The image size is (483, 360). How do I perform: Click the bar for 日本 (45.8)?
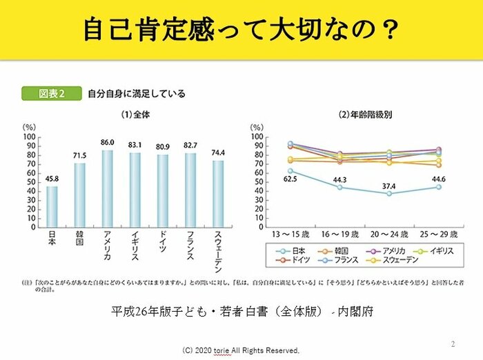[x=52, y=206]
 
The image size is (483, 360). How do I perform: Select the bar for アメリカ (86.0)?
[x=107, y=188]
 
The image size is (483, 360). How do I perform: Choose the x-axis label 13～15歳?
[x=290, y=235]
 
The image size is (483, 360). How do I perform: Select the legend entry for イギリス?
[x=440, y=250]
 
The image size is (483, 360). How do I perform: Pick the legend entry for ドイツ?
[x=298, y=261]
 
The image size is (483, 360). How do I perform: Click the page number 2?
[x=453, y=343]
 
